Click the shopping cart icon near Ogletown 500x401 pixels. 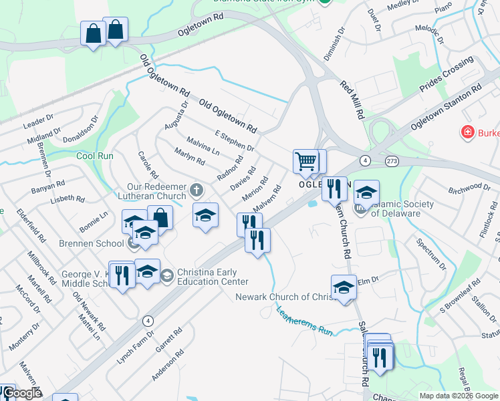coord(305,160)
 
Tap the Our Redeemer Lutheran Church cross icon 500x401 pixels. coord(197,190)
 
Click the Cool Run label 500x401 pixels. coord(94,156)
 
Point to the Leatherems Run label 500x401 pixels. coord(304,319)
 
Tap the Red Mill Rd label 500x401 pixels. coord(352,100)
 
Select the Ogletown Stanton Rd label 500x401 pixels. coord(446,108)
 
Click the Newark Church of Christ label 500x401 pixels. coord(283,297)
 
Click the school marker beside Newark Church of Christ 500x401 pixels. coord(344,287)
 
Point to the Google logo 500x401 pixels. coord(22,394)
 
